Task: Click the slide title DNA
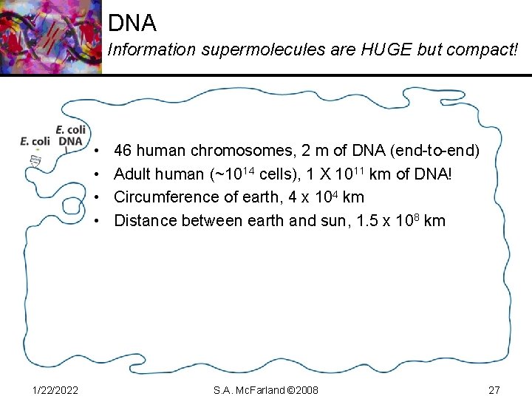click(132, 23)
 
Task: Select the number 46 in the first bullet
click(123, 151)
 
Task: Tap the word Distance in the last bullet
click(145, 220)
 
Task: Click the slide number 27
click(494, 389)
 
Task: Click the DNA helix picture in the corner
click(50, 37)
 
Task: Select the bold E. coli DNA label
click(71, 135)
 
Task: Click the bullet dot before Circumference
click(98, 198)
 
